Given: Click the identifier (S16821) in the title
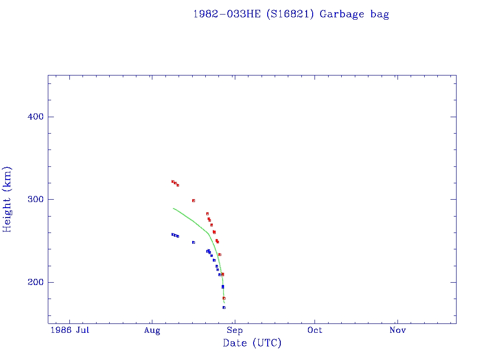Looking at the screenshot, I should click(290, 14).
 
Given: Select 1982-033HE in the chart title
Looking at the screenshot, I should click(227, 14).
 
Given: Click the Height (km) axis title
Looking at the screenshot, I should click(7, 199).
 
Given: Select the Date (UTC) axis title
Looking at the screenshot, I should click(252, 343).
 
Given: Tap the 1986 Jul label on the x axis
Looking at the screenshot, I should click(69, 330).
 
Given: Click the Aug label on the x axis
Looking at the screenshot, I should click(152, 330).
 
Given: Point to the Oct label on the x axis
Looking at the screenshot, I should click(315, 330).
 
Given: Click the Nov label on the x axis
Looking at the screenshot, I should click(397, 330).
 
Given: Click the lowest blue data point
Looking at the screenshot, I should click(224, 307).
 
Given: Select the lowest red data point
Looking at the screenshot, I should click(224, 298).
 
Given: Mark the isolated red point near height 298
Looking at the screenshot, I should click(193, 201).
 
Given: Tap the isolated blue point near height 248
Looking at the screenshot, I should click(193, 242).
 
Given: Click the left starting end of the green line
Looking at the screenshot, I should click(173, 208).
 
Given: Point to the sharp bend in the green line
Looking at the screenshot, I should click(208, 233).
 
